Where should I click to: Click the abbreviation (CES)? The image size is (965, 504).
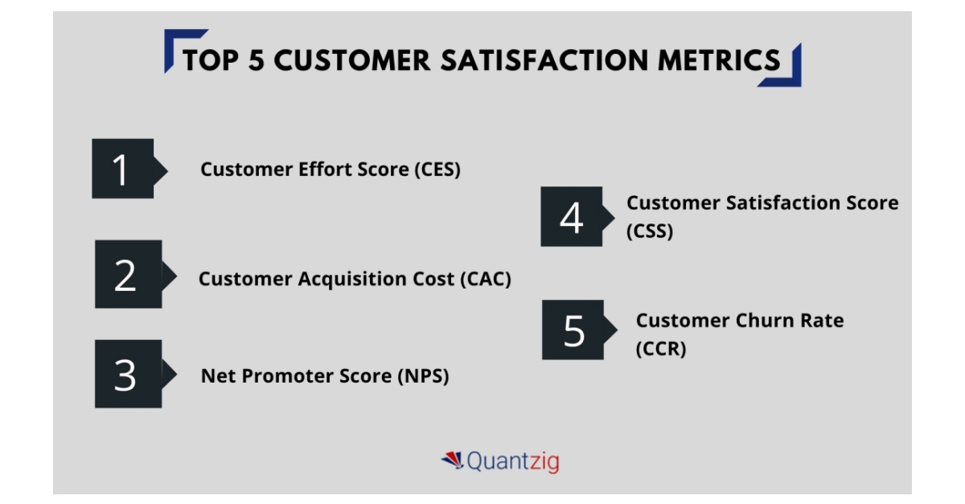[x=437, y=170]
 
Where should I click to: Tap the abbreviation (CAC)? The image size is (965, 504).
[x=486, y=279]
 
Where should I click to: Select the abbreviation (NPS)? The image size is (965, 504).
[x=423, y=376]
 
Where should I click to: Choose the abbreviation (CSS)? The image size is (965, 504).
[x=650, y=232]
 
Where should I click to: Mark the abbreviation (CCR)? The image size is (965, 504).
[x=661, y=349]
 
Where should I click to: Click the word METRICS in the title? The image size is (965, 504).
[x=719, y=59]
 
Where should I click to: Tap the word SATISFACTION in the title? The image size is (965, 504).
[x=544, y=59]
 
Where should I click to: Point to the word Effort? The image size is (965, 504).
[x=325, y=169]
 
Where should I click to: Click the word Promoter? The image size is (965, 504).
[x=287, y=376]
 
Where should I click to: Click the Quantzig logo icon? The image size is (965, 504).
[x=452, y=460]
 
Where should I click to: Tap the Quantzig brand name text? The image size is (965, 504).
[x=513, y=461]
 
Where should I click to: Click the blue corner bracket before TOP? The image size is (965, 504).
[x=181, y=48]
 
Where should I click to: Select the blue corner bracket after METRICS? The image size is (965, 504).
[x=785, y=70]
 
